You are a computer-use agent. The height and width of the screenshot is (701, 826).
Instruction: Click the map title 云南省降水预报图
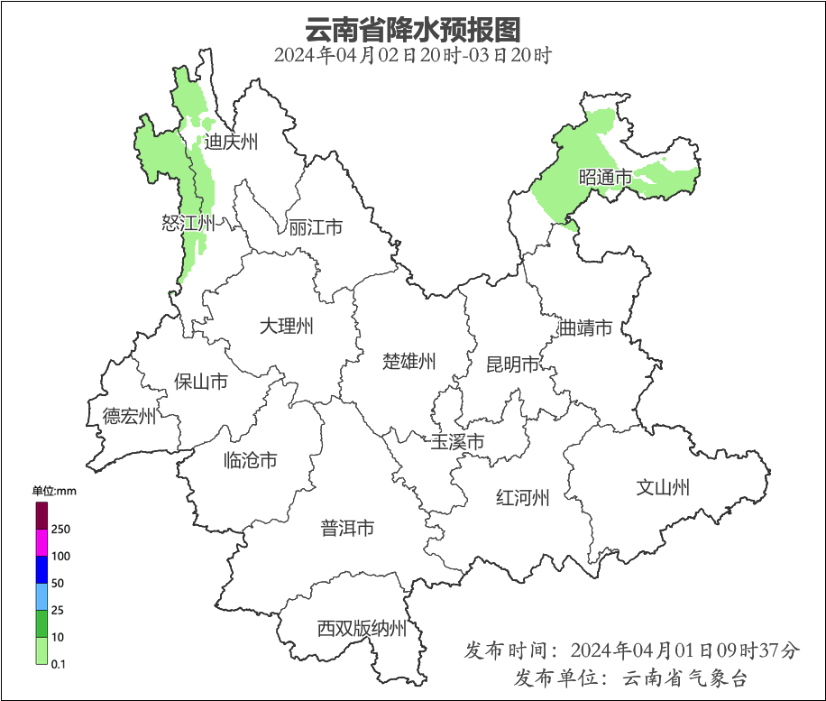coord(413,30)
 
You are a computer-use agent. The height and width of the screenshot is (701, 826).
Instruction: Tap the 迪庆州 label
coord(231,142)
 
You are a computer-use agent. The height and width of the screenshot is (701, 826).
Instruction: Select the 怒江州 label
coord(188,223)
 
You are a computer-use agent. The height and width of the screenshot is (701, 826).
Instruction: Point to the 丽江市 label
coord(316,227)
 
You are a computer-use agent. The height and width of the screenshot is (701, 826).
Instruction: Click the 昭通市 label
coord(604,178)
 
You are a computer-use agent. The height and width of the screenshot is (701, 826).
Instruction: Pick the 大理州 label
coord(286,327)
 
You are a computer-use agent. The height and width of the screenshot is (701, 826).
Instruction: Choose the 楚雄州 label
coord(409,362)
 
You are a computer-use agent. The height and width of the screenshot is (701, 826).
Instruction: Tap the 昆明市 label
coord(512,364)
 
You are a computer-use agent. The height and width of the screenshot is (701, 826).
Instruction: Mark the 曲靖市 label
coord(585,327)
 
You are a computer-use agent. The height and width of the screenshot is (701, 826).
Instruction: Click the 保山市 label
coord(200,383)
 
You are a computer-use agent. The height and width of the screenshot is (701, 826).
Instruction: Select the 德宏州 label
coord(129,416)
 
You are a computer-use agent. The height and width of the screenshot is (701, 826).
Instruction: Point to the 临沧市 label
coord(250,461)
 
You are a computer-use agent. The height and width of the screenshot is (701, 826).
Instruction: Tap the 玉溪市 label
coord(457,442)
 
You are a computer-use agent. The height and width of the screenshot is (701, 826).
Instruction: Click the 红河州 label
coord(522,497)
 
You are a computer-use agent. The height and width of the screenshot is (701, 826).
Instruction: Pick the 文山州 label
coord(663,488)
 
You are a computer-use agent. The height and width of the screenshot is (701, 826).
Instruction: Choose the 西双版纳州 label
coord(362,629)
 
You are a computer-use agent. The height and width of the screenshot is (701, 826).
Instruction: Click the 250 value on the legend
coord(60,529)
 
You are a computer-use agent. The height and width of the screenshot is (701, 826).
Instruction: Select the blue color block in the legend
coord(41,569)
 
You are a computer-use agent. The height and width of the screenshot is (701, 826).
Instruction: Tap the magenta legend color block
coord(41,542)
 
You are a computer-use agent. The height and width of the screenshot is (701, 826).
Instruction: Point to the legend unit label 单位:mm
coord(54,491)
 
